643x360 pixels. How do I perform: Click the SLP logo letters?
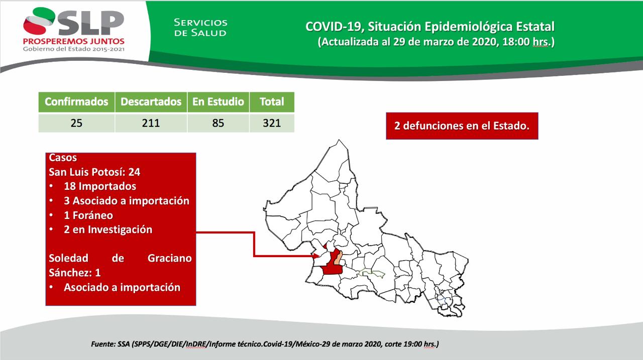[91, 23]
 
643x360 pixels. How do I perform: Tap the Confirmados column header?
[76, 102]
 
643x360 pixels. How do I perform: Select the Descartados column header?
[151, 102]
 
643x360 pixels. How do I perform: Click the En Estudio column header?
[218, 102]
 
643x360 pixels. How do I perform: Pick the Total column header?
[272, 102]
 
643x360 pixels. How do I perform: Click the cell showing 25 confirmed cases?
[76, 123]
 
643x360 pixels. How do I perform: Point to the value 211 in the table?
[151, 123]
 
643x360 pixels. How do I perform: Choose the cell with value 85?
[218, 123]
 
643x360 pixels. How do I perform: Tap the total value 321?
[272, 123]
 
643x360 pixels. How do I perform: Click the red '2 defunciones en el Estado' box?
[462, 126]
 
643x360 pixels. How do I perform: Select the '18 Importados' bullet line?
[93, 186]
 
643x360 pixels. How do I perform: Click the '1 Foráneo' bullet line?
[81, 215]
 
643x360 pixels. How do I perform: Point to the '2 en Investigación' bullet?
[101, 229]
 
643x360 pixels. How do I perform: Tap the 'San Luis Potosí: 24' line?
[94, 172]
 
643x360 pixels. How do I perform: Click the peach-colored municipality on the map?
[339, 259]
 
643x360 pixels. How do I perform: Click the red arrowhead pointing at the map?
[316, 256]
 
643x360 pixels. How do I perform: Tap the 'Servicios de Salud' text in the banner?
[200, 28]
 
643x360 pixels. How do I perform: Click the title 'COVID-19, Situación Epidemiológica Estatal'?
[430, 27]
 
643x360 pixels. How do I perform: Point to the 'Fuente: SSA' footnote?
[265, 344]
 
